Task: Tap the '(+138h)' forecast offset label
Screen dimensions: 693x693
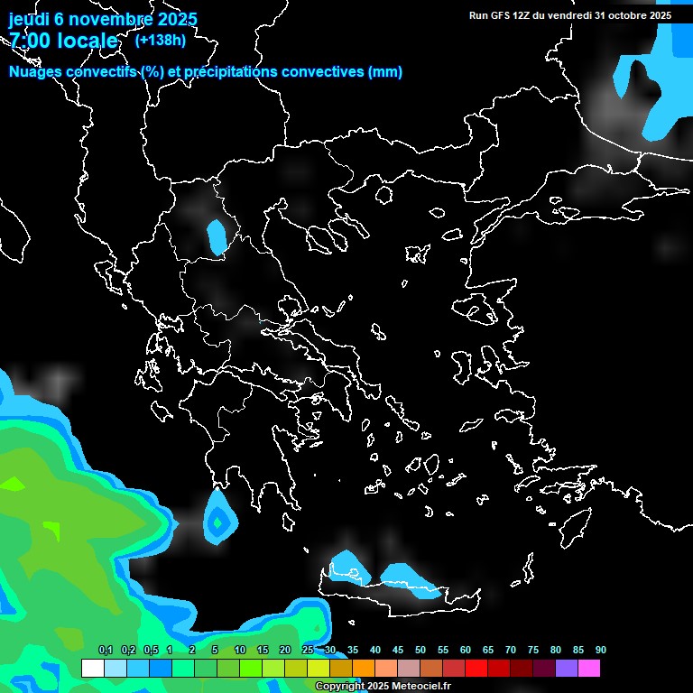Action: tap(161, 40)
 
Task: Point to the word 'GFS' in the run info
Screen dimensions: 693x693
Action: tap(499, 15)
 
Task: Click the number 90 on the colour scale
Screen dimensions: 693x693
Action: tap(600, 651)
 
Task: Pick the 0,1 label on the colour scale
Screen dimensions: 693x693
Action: tap(105, 651)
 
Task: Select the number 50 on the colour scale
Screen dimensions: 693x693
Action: tap(420, 651)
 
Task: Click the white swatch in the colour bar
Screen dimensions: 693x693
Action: tap(92, 669)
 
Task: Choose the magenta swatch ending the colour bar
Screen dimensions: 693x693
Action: tap(588, 669)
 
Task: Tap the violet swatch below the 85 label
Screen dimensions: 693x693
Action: tap(566, 669)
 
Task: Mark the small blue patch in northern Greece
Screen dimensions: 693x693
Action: tap(217, 237)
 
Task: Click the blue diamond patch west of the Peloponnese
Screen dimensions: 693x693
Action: tap(217, 521)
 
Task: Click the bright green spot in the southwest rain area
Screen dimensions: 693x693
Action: tap(15, 484)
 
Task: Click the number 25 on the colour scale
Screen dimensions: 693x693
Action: tap(308, 651)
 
